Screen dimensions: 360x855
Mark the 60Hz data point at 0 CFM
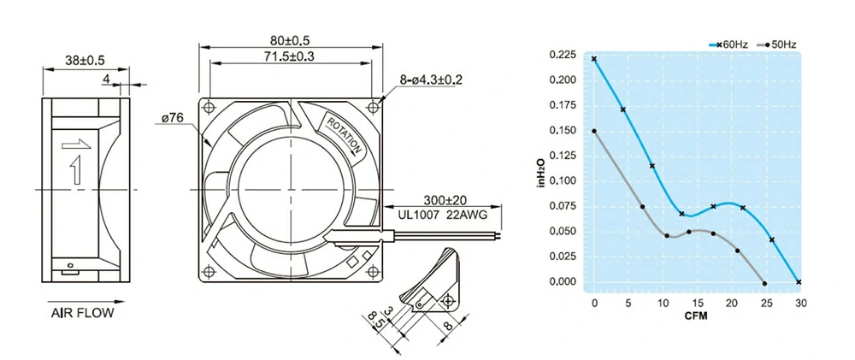point(594,59)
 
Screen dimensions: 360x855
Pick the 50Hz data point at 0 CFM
point(594,131)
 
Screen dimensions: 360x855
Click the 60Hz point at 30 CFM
point(799,281)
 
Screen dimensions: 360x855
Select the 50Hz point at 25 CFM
point(764,283)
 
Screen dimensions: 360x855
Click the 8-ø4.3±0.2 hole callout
point(431,80)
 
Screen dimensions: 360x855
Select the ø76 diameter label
point(174,118)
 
